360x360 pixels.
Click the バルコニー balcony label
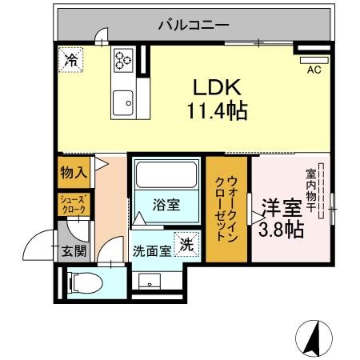(x=194, y=25)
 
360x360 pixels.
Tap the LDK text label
(x=217, y=87)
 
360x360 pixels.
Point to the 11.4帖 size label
(x=218, y=111)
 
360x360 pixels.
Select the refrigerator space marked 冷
(x=71, y=60)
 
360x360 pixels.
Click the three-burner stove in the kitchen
(x=123, y=60)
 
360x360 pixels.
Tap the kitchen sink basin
(x=123, y=103)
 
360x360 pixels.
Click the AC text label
(x=314, y=70)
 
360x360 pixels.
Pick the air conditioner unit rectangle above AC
(x=314, y=60)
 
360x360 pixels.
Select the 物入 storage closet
(x=74, y=172)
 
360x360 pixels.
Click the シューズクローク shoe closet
(x=74, y=205)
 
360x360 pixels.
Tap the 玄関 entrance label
(x=74, y=251)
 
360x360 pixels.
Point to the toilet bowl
(x=86, y=283)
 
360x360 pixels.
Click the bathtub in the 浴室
(x=166, y=174)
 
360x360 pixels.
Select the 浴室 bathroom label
(x=166, y=206)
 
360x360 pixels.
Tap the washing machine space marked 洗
(x=186, y=244)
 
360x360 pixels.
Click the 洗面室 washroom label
(x=152, y=251)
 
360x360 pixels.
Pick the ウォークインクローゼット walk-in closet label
(x=226, y=209)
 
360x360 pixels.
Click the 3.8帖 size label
(x=282, y=230)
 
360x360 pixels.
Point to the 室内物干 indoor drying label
(x=310, y=190)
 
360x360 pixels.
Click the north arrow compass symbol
(x=314, y=338)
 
